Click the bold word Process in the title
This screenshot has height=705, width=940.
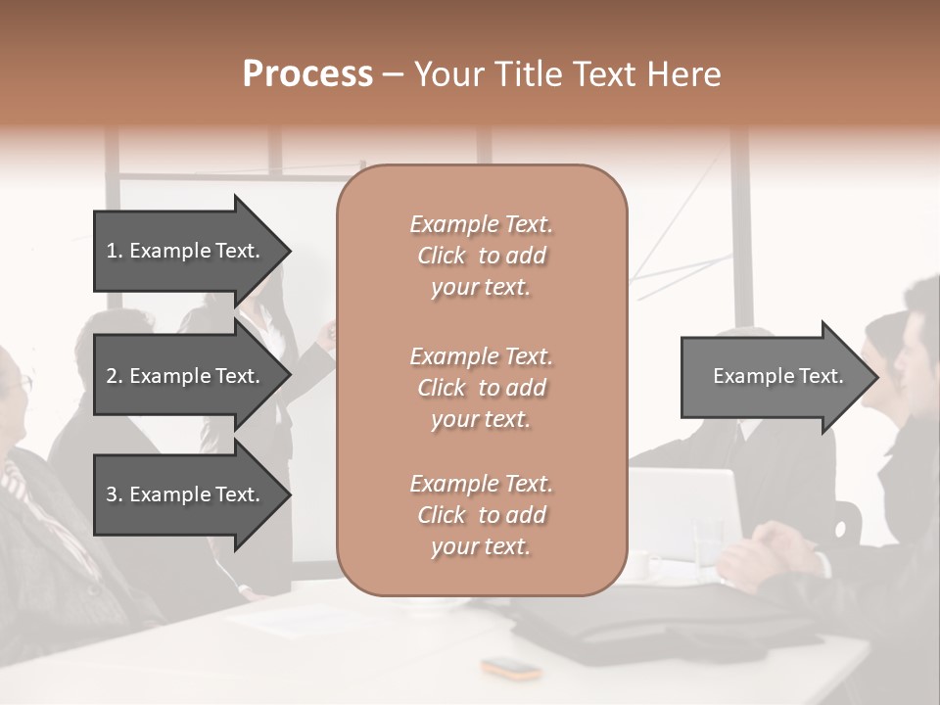307,74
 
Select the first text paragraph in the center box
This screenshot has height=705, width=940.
481,256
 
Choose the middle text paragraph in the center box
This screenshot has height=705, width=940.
481,388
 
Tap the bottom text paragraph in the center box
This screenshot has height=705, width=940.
481,515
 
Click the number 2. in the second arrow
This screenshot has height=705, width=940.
115,376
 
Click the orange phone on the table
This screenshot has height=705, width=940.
510,669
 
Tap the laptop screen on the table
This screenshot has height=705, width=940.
685,509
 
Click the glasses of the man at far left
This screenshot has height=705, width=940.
22,385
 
